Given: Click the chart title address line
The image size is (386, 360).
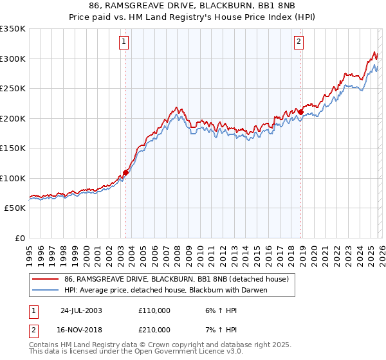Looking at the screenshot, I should (193, 7).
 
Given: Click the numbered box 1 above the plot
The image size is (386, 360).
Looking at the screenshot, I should (124, 42).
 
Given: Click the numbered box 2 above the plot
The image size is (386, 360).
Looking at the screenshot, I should (299, 42).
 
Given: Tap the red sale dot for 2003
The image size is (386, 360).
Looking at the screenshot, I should (126, 172).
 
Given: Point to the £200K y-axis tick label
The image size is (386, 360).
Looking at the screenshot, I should (13, 118).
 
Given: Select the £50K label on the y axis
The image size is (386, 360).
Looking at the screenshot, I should (15, 208).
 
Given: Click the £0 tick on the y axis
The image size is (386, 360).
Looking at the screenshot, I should (19, 239).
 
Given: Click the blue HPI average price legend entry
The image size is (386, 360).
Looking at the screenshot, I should (165, 290).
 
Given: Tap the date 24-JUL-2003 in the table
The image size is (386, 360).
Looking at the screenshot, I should (81, 310).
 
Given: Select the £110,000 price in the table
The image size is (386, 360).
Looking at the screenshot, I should (154, 310).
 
